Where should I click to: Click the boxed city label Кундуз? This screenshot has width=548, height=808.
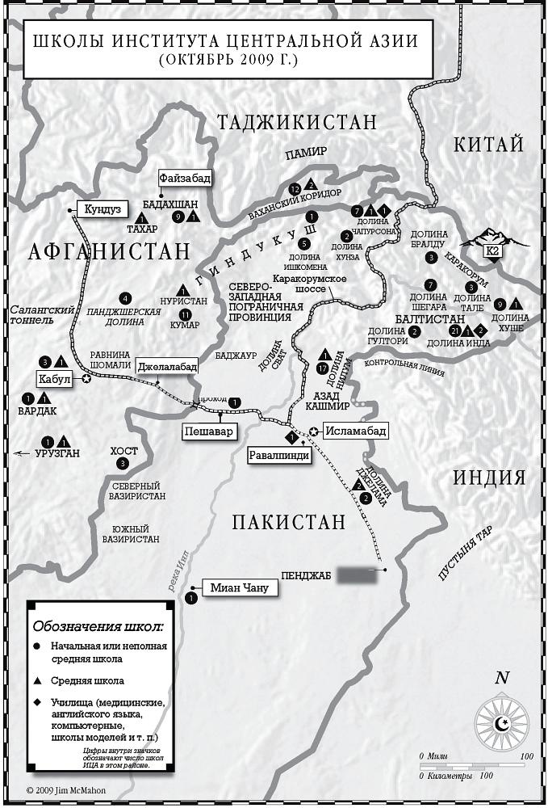(x=102, y=208)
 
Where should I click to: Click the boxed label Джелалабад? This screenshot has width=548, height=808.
(x=167, y=365)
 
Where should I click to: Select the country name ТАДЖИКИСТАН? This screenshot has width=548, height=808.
(x=296, y=122)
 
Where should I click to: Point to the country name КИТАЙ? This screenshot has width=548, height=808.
(x=489, y=145)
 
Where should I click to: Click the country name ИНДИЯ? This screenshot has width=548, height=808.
(x=489, y=477)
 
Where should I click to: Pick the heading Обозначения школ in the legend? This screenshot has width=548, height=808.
(x=98, y=626)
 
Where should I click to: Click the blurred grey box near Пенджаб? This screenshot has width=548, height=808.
(x=357, y=575)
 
